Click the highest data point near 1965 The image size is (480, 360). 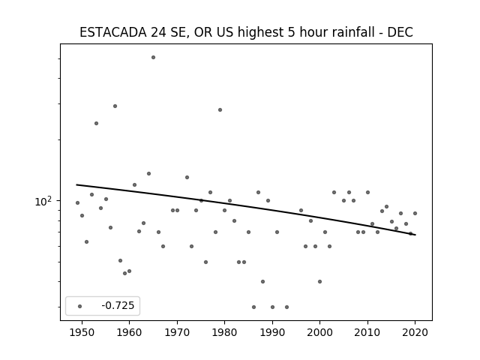(153, 58)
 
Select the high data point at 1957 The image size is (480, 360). (115, 106)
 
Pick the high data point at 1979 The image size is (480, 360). (220, 110)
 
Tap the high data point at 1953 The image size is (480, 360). (96, 123)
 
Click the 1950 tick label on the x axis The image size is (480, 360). (82, 332)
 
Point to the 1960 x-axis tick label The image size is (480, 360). (129, 332)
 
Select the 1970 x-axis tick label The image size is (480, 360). (177, 332)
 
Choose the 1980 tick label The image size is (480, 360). (225, 332)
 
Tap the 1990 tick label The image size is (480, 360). (272, 332)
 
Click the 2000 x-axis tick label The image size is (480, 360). (320, 332)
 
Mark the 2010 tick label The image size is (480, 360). (367, 332)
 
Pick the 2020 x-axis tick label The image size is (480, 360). (415, 332)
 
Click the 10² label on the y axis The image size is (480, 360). (43, 201)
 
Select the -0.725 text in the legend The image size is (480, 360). (118, 305)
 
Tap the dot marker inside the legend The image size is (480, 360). (80, 306)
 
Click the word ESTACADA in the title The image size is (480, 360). (113, 32)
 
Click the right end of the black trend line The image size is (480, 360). (415, 235)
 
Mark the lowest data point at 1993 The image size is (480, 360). (286, 307)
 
